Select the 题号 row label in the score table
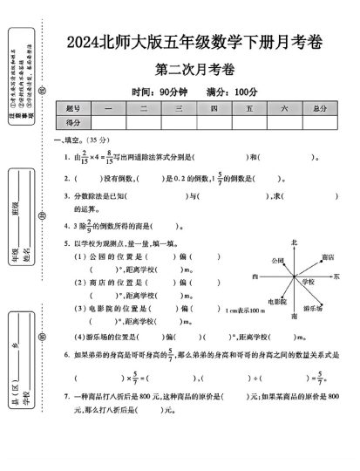click(72, 107)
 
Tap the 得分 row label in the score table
click(72, 122)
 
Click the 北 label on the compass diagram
click(294, 242)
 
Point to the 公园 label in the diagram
click(277, 260)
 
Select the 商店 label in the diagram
click(328, 258)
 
